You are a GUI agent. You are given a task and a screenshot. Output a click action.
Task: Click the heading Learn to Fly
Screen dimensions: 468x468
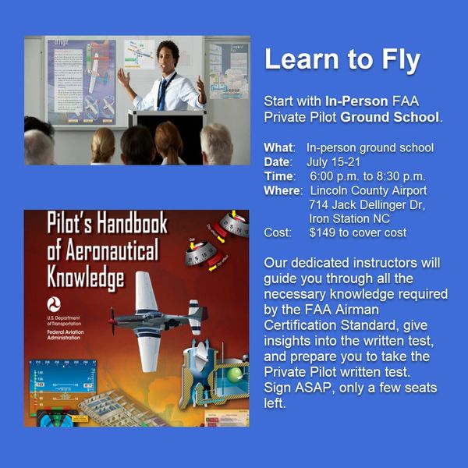[x=342, y=60]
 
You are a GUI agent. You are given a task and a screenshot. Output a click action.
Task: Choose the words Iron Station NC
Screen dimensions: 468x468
[x=349, y=218]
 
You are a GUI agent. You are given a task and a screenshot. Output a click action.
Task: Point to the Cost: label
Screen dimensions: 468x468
[x=278, y=232]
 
